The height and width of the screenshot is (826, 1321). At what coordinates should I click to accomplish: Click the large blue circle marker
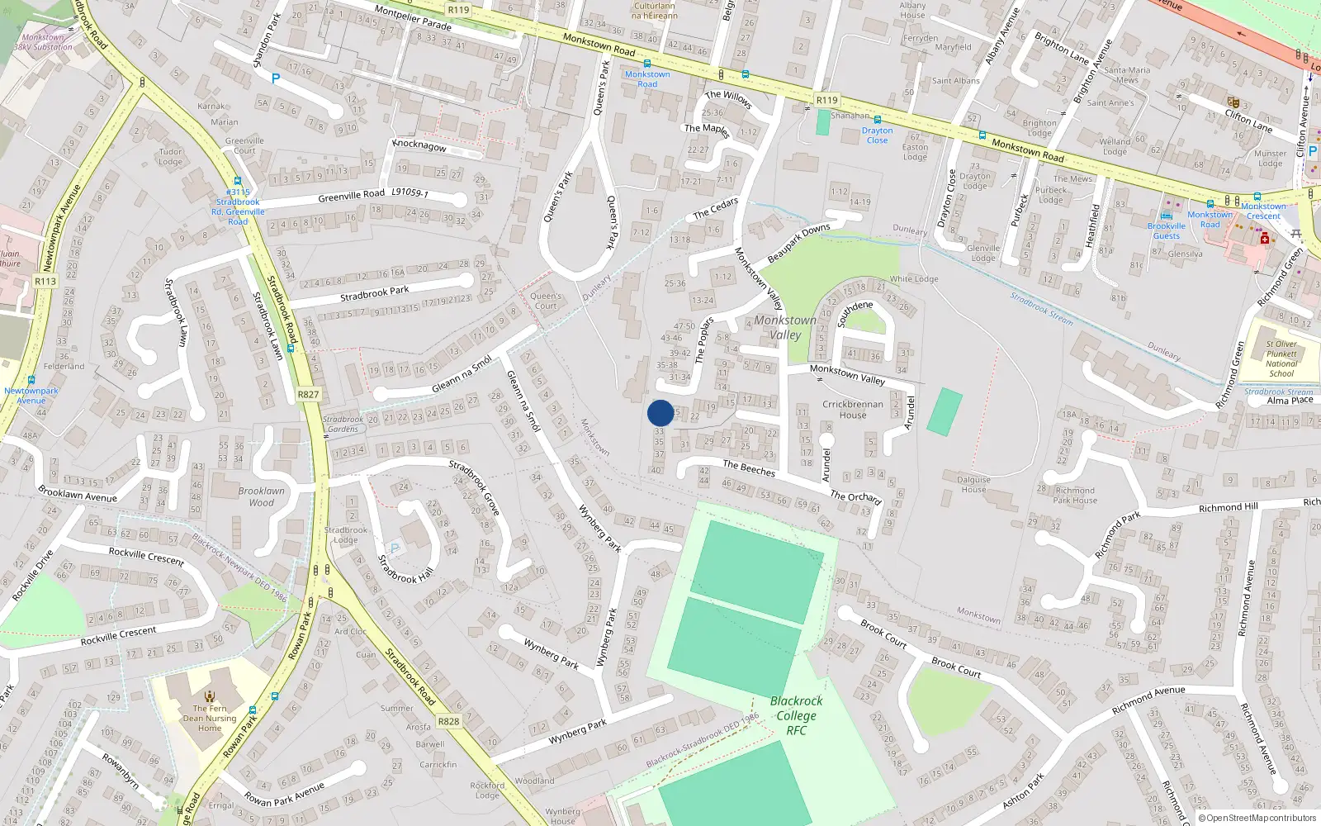660,413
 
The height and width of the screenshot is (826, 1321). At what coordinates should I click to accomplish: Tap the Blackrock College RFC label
796,715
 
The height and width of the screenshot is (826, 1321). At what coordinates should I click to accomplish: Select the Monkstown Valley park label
785,327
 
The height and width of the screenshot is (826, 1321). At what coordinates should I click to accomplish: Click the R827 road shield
308,395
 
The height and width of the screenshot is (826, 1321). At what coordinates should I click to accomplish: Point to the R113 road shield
45,282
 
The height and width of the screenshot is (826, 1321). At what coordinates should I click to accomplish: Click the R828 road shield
448,721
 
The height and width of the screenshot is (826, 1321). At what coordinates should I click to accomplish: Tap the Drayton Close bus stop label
877,135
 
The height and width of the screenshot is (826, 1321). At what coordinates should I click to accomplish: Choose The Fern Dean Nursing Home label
210,718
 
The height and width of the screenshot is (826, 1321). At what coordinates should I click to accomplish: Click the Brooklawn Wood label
261,496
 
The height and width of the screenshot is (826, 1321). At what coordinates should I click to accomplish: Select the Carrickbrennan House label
853,410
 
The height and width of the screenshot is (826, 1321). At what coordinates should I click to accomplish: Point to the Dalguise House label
973,484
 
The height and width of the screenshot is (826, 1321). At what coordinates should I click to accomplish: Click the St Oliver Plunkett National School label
1281,358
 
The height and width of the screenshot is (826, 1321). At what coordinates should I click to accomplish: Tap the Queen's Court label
546,301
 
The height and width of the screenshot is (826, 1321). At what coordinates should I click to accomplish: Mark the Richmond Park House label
1075,495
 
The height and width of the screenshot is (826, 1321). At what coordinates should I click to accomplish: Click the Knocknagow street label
419,145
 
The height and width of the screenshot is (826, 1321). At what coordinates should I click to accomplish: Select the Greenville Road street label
352,196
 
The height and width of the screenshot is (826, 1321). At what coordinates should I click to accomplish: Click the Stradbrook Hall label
405,569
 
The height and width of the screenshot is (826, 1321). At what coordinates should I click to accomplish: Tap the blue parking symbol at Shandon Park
276,78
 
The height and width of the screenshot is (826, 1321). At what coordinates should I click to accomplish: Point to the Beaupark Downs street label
798,244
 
